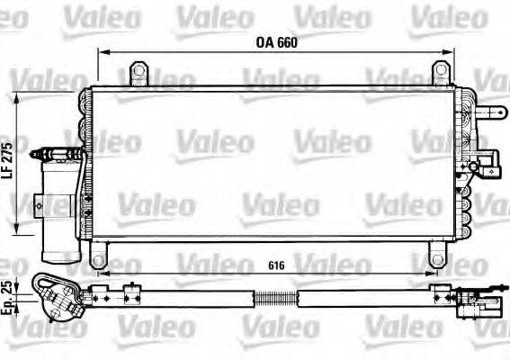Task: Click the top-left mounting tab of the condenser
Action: (x=139, y=71)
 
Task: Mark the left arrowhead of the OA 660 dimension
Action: (x=101, y=52)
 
